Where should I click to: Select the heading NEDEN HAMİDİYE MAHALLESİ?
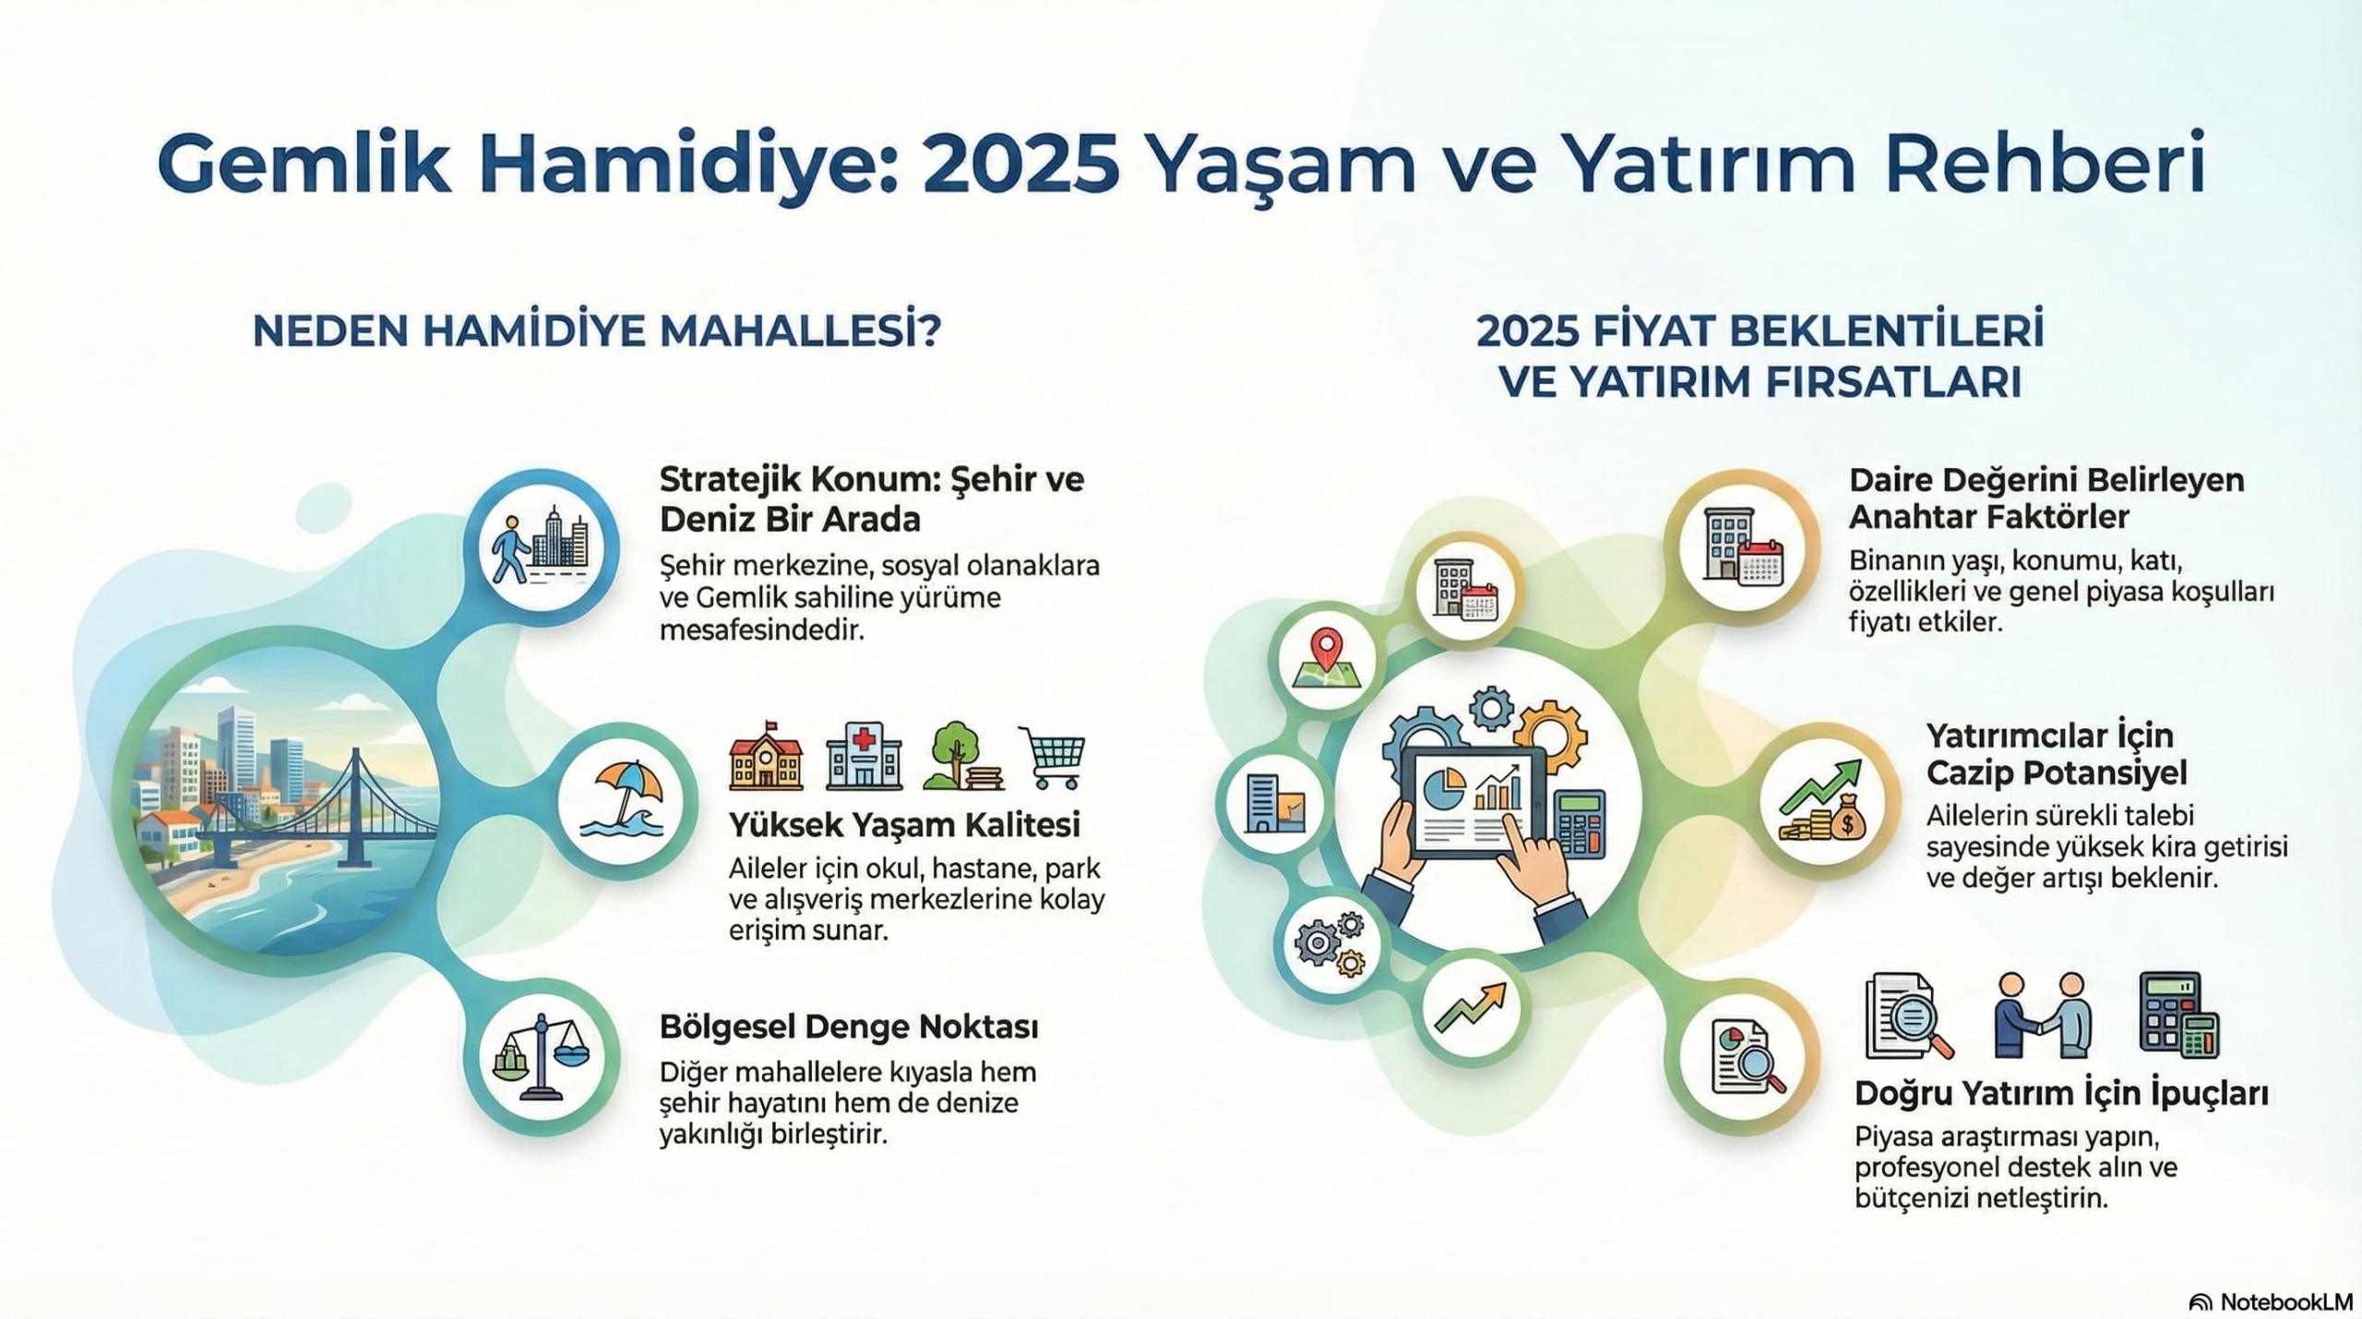coord(597,332)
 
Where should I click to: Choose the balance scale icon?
coord(540,1057)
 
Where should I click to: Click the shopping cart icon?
coord(1052,757)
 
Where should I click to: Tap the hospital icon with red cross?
coord(864,757)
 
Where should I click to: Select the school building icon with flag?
coord(766,757)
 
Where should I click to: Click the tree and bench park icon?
coord(960,757)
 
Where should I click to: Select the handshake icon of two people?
coord(2042,1016)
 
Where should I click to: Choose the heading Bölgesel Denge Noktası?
coord(849,1027)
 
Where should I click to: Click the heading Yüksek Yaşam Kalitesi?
coord(904,825)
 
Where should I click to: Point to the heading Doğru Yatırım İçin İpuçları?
coord(2061,1094)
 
